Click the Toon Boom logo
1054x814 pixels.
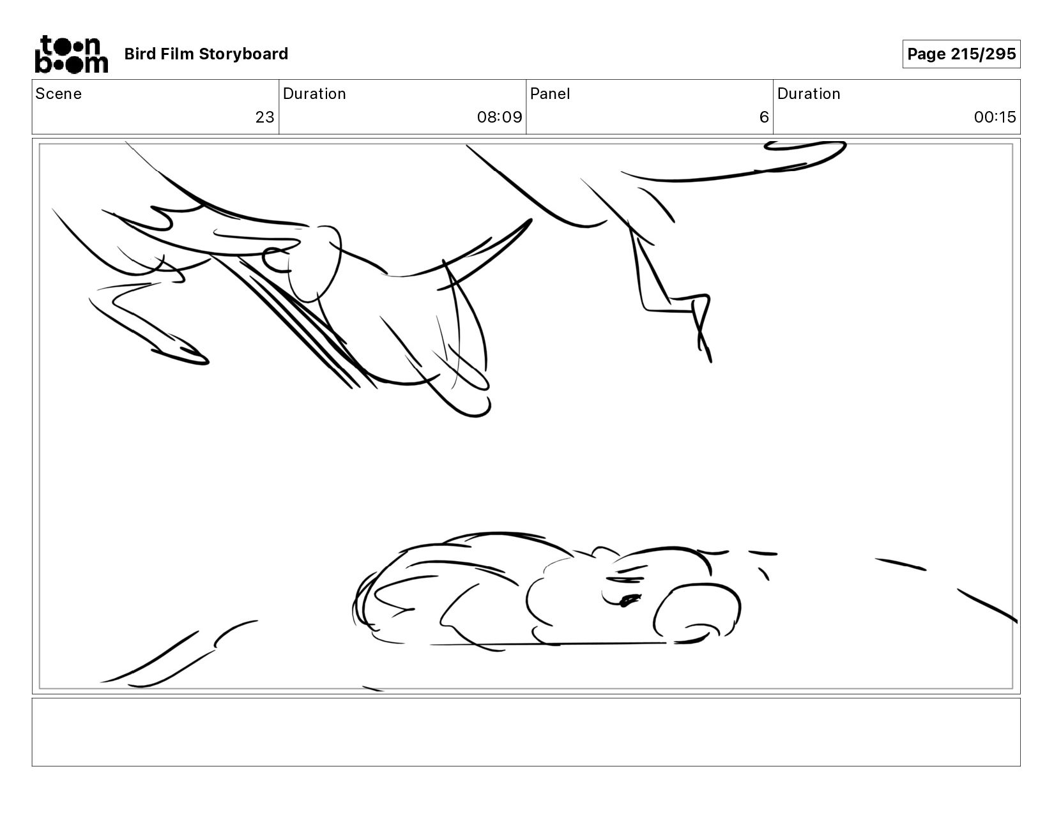(x=72, y=54)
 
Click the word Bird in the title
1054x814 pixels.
(x=140, y=54)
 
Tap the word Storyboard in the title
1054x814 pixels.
(x=243, y=54)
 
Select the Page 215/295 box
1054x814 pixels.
(x=961, y=54)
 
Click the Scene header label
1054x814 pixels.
(x=58, y=94)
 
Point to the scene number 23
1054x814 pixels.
(x=265, y=117)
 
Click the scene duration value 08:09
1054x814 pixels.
(x=499, y=117)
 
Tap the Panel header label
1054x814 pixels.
(x=549, y=94)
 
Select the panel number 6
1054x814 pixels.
(x=764, y=117)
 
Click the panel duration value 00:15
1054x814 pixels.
(x=995, y=117)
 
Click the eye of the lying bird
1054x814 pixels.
(x=629, y=600)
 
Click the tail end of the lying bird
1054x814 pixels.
(x=363, y=606)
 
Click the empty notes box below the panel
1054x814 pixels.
(x=526, y=732)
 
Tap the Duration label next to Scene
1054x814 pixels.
(x=314, y=94)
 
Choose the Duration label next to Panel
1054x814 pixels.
(x=809, y=94)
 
